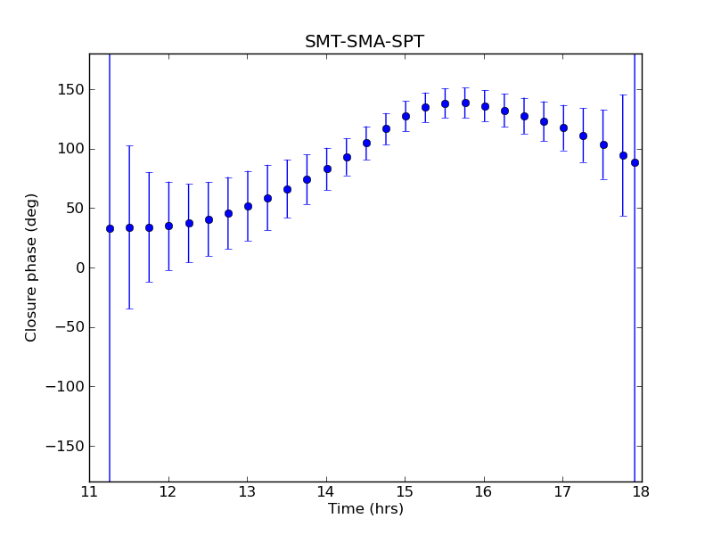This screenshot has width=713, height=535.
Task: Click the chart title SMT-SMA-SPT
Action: pyautogui.click(x=365, y=42)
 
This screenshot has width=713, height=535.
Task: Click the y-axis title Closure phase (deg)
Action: pyautogui.click(x=32, y=267)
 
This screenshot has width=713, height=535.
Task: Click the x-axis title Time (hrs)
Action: pyautogui.click(x=365, y=509)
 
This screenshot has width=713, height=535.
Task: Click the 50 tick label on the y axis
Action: pyautogui.click(x=75, y=208)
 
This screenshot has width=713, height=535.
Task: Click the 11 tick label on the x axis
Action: pyautogui.click(x=89, y=491)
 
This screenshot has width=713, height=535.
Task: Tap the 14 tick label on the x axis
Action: pyautogui.click(x=326, y=491)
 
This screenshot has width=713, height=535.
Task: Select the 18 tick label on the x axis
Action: pyautogui.click(x=641, y=491)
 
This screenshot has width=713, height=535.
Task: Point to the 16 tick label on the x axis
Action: pyautogui.click(x=484, y=491)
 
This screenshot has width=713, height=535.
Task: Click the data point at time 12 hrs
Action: pyautogui.click(x=168, y=226)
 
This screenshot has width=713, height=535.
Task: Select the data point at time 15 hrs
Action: pyautogui.click(x=406, y=116)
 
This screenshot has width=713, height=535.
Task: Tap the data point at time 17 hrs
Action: pyautogui.click(x=563, y=128)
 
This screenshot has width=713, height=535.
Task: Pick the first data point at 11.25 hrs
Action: pyautogui.click(x=110, y=228)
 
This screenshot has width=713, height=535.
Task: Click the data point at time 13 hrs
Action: pyautogui.click(x=248, y=206)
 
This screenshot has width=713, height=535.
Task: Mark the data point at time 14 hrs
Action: pyautogui.click(x=327, y=169)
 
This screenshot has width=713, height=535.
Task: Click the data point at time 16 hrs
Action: pyautogui.click(x=485, y=106)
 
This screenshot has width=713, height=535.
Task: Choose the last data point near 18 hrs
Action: pyautogui.click(x=635, y=162)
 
